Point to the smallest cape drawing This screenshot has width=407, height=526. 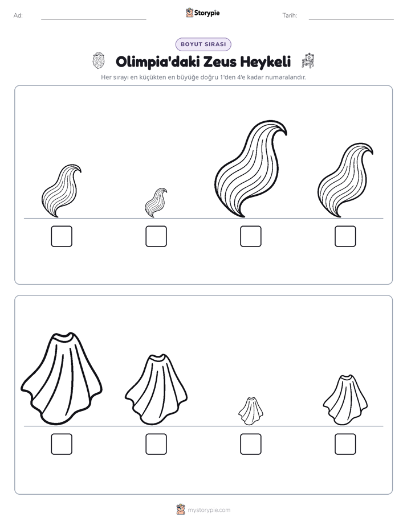250,412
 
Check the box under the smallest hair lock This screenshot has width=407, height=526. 156,236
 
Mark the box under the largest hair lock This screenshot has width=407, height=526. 251,236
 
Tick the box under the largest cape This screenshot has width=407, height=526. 62,444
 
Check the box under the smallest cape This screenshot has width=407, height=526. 251,444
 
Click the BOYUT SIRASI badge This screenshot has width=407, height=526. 203,44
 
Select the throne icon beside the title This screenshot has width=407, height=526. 308,61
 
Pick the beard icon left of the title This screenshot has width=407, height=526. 99,61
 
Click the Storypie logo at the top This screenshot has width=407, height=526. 202,13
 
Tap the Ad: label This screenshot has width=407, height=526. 18,15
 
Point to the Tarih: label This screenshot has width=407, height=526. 290,15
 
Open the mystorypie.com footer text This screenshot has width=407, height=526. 209,510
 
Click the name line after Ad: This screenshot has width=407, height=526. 93,19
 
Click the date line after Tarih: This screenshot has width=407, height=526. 351,19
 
